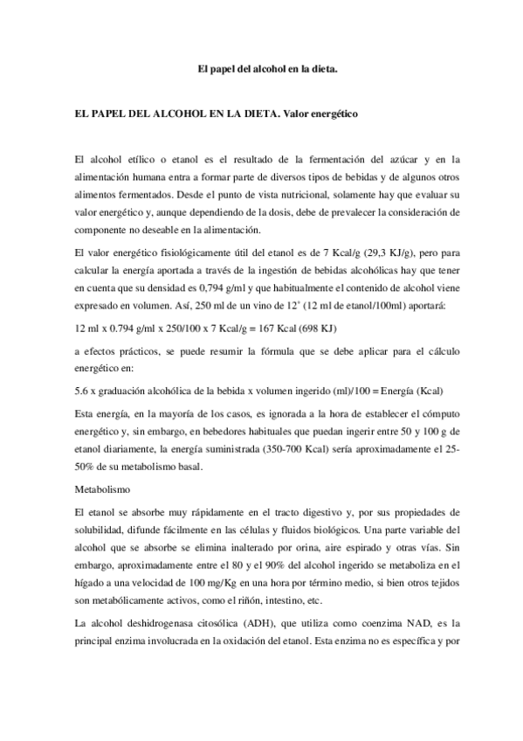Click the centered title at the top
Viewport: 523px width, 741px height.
pos(261,67)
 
